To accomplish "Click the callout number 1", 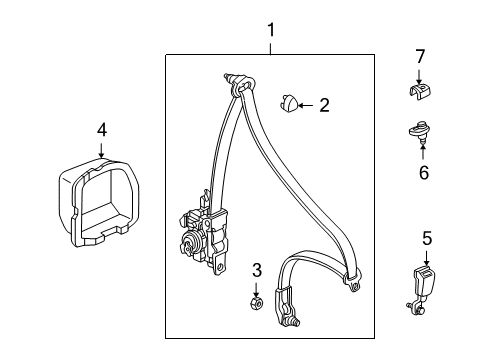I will click(270, 31).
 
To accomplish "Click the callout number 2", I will click(324, 104).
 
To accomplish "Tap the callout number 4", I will click(101, 128).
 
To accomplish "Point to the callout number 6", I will click(422, 173).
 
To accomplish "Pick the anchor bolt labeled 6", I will click(421, 132).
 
